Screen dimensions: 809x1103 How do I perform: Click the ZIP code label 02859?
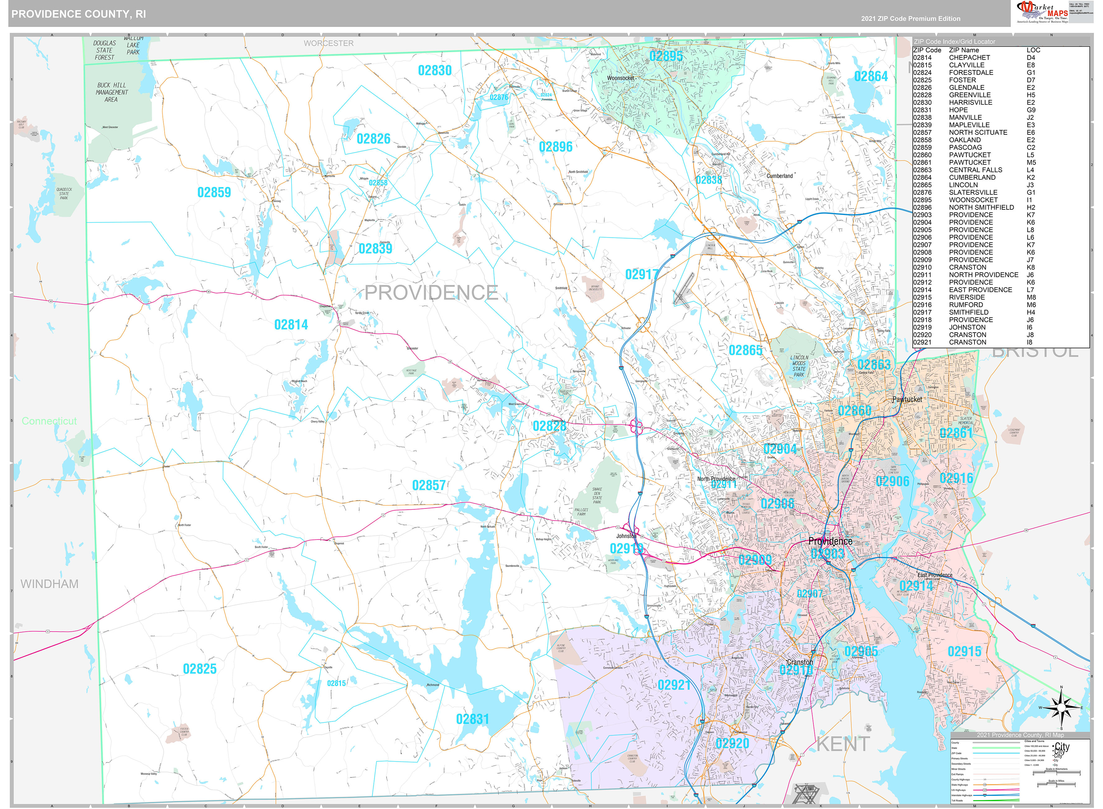tap(214, 193)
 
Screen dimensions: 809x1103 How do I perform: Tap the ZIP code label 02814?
tap(291, 325)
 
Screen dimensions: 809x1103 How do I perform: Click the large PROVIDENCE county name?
tap(431, 293)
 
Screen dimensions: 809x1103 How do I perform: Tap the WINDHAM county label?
tap(49, 584)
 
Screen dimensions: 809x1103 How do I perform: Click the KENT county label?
tap(843, 744)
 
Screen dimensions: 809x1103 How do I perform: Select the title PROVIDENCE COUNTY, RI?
tap(78, 14)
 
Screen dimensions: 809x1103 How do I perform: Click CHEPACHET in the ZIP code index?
tap(969, 57)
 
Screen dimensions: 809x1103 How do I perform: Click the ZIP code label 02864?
tap(871, 77)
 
